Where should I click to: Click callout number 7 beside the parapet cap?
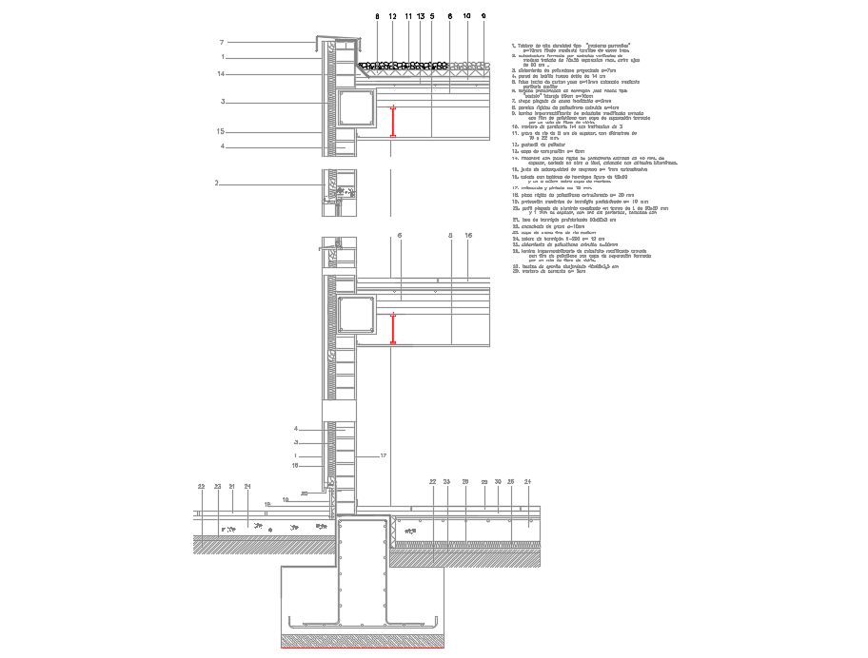pos(221,42)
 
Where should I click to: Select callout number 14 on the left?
pos(220,74)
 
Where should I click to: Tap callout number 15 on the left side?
pos(220,131)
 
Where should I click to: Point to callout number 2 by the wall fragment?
pos(217,183)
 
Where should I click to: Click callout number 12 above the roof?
pos(392,17)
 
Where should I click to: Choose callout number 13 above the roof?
pos(420,17)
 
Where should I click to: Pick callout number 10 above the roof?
pos(466,17)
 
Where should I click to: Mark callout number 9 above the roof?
pos(483,17)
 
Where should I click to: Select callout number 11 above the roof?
pos(408,17)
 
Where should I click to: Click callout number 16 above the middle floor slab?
pos(468,235)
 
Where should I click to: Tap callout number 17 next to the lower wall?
pos(383,456)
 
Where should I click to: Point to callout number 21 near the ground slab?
pos(232,487)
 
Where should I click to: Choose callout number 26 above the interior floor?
pos(511,482)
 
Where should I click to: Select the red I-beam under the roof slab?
pos(391,125)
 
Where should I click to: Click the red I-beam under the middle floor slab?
pos(391,329)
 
